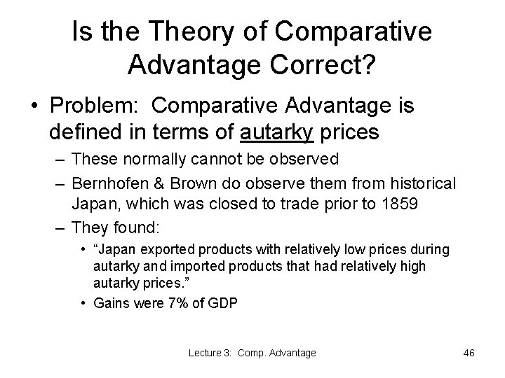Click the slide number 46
(469, 353)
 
